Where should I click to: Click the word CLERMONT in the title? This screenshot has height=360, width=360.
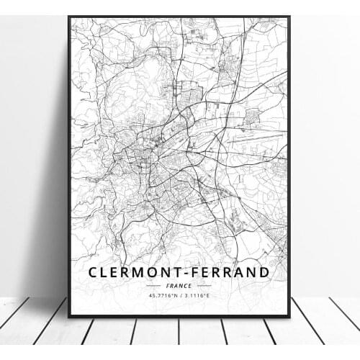(x=132, y=272)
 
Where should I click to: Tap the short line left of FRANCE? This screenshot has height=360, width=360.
(x=153, y=285)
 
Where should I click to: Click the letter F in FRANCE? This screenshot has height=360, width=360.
(x=167, y=285)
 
